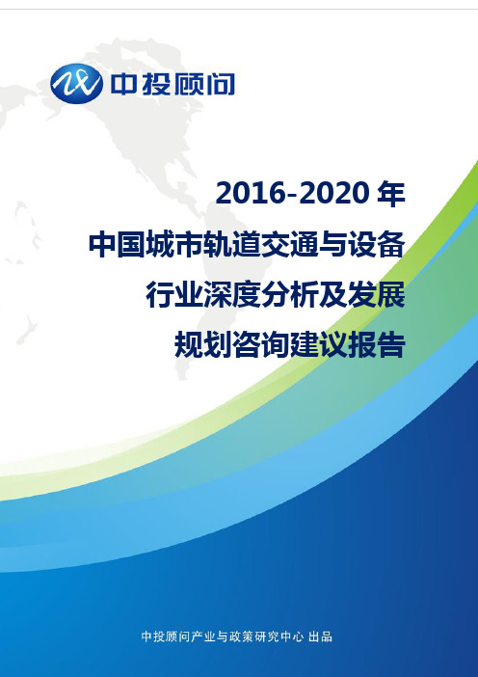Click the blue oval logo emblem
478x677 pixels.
(x=76, y=84)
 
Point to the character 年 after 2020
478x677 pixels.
(x=391, y=193)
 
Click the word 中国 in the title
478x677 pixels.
(x=118, y=244)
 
